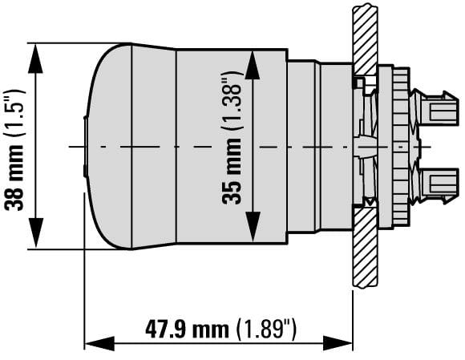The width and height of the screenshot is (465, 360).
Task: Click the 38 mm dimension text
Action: [x=14, y=177]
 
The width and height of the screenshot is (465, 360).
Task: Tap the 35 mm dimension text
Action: [x=232, y=172]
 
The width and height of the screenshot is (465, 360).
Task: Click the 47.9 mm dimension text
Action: [x=187, y=330]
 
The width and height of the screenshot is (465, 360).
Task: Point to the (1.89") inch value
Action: [x=266, y=330]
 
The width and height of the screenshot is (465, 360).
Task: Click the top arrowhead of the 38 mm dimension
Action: [x=35, y=58]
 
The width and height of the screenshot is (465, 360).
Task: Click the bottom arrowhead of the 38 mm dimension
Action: [x=35, y=233]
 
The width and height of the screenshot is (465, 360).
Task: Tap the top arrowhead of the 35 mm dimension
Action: [x=252, y=65]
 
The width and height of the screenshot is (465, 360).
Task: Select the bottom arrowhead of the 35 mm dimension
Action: [x=252, y=227]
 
